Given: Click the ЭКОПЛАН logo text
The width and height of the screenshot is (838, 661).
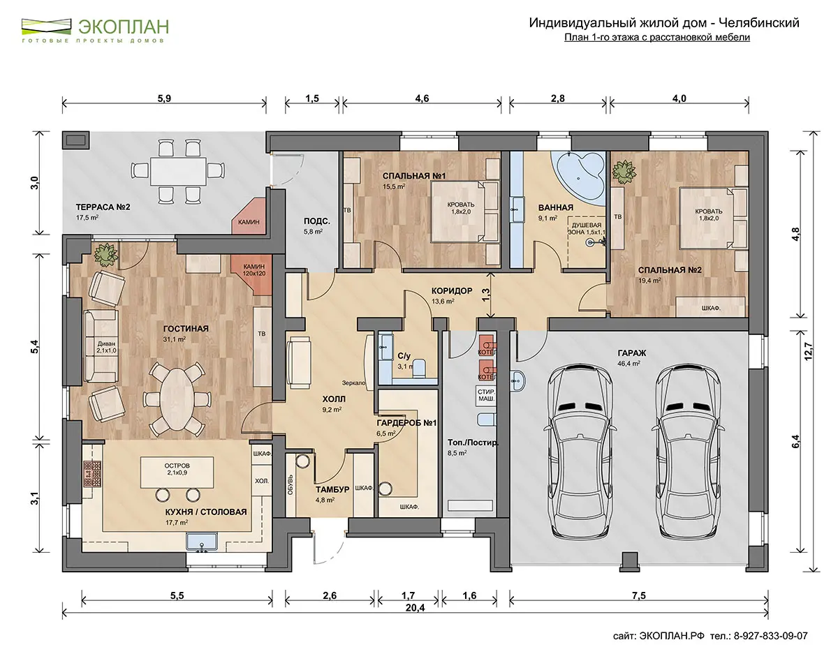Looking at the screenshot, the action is (x=124, y=27).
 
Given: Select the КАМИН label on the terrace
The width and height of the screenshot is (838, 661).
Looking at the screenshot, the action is (x=249, y=222).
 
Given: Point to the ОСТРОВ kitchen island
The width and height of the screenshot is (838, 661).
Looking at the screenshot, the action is (x=177, y=473).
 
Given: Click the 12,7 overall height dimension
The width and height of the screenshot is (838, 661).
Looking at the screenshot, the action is (x=808, y=351).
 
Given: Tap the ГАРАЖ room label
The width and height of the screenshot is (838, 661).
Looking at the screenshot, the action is (x=631, y=353).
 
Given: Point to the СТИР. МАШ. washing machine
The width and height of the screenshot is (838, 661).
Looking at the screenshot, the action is (x=485, y=396).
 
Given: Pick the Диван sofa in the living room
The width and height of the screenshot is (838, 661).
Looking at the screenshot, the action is (x=101, y=346).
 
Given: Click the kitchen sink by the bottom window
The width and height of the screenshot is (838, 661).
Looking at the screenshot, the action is (x=202, y=542).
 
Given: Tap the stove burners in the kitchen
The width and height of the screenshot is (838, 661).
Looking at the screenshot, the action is (x=92, y=474).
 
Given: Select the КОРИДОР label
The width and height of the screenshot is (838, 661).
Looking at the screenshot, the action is (x=452, y=291).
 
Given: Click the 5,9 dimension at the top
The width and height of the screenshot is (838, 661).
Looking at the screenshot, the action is (x=164, y=98).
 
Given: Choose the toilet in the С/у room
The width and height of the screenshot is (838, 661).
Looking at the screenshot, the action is (x=419, y=369).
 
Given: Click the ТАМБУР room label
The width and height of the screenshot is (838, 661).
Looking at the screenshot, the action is (x=332, y=489).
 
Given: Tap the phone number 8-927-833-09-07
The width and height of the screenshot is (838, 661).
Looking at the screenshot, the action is (x=771, y=636).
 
